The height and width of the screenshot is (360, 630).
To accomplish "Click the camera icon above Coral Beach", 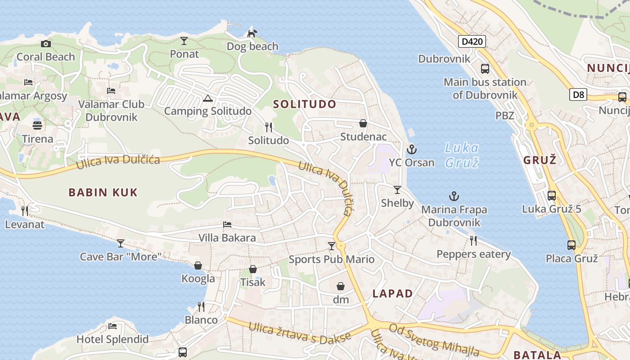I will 45,44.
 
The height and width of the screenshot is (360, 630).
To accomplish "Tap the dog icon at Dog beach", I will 252,33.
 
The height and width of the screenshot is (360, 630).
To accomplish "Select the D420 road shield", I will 472,42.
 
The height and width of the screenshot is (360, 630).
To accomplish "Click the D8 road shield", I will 579,94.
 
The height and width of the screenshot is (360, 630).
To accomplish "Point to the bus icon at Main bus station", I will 485,69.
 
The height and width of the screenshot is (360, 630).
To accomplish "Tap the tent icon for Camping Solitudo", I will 207,98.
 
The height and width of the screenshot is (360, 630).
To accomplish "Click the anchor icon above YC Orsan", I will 411,149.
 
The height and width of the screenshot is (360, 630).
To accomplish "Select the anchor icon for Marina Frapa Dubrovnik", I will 454,196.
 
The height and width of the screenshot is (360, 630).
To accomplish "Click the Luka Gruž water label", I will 462,154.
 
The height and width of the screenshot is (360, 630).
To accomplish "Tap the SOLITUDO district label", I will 305,104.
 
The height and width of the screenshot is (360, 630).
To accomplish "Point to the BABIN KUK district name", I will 103,193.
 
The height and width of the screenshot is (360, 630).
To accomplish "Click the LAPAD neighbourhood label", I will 392,294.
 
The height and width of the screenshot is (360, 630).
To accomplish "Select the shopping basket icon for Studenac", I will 363,123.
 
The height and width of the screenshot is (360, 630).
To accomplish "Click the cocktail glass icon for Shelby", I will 397,190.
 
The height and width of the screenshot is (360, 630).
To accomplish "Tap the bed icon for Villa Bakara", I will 227,225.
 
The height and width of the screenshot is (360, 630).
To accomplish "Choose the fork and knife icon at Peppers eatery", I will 473,241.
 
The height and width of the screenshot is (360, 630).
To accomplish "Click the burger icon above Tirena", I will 37,125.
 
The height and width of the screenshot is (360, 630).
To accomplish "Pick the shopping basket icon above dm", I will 341,286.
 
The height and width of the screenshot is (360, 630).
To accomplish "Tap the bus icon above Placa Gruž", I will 571,245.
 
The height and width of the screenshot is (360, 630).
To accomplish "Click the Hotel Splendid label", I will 112,339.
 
